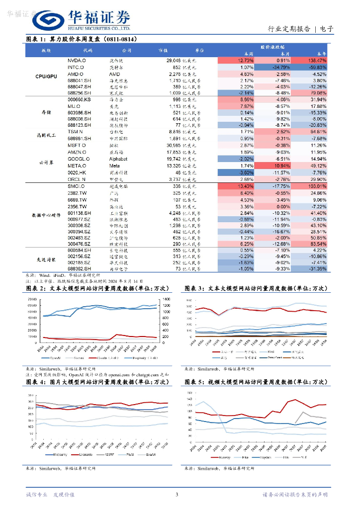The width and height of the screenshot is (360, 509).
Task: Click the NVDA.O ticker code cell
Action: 77,60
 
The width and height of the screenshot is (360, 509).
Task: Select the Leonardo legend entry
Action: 84,455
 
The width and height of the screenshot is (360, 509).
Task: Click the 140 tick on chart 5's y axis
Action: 187,393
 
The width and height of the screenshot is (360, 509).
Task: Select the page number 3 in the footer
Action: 177,495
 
